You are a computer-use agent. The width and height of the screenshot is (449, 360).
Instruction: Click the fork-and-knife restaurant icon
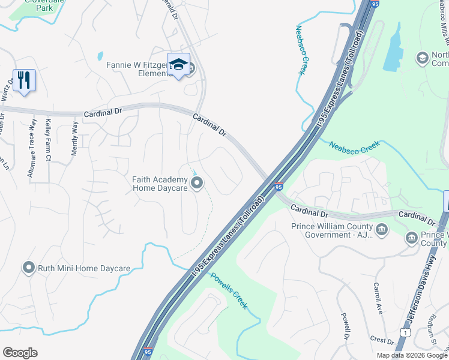(24, 80)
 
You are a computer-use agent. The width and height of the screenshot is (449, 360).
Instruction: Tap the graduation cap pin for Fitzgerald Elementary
(178, 65)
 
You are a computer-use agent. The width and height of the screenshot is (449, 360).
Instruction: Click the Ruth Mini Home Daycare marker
(28, 268)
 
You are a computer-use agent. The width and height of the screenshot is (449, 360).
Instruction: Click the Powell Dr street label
(346, 325)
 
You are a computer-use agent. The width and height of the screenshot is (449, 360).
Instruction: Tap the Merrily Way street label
(75, 139)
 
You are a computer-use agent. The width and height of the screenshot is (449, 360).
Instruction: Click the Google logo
(20, 353)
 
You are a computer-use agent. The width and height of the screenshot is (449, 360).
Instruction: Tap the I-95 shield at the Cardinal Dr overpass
(279, 187)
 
